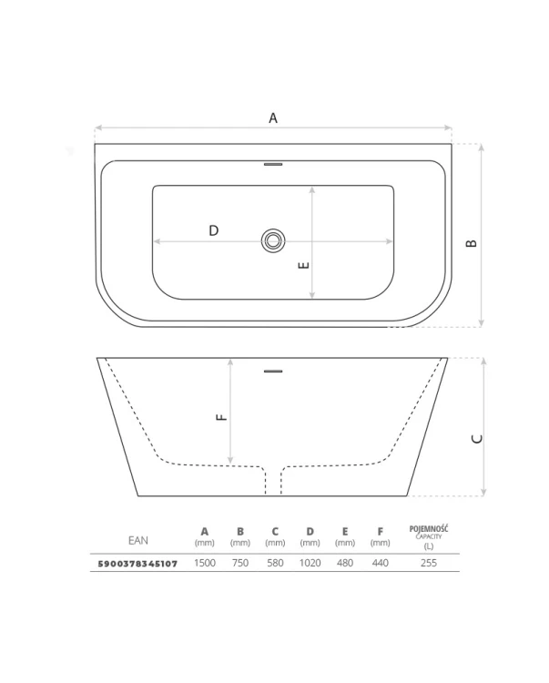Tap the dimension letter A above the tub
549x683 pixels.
[273, 118]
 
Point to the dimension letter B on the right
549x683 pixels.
[472, 243]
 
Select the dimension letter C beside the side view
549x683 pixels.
[477, 439]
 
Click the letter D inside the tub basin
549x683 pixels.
[213, 230]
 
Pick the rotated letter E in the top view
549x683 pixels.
[305, 265]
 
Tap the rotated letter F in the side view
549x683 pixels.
[221, 417]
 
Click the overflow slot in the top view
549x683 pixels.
[273, 165]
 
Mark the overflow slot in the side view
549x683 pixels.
[273, 372]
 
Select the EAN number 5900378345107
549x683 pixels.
[137, 564]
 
